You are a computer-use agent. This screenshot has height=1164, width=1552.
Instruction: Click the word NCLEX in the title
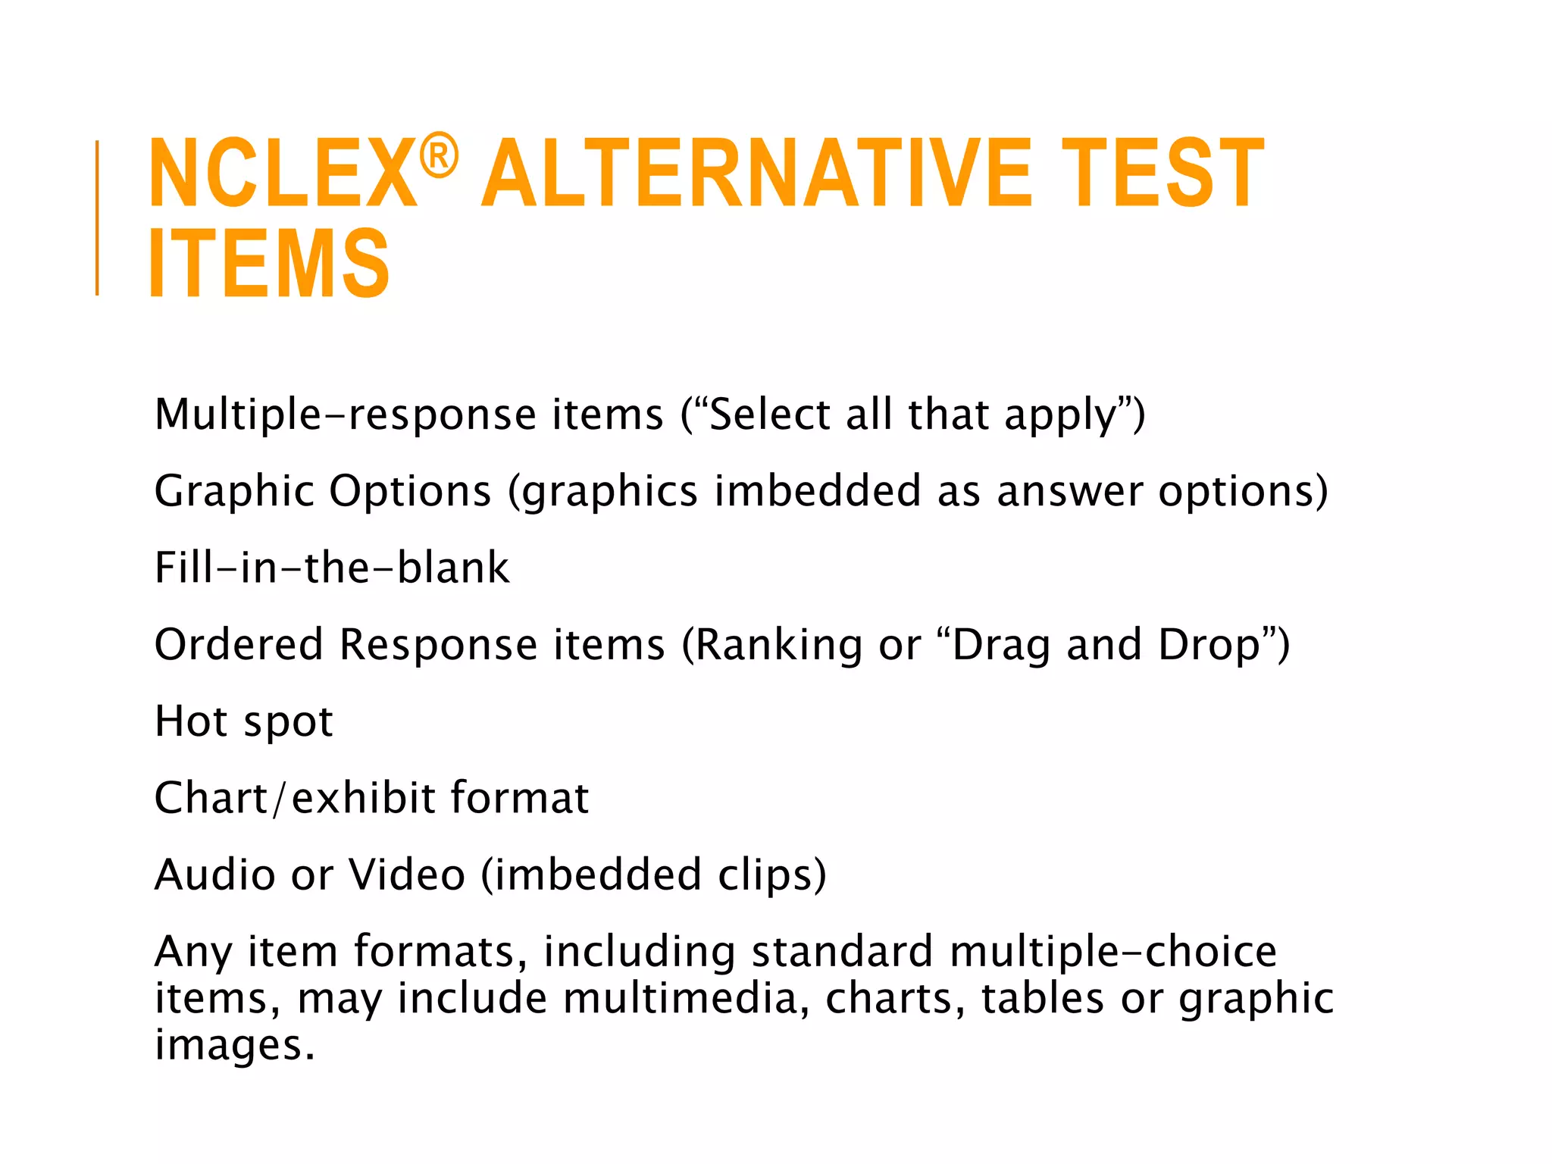point(282,174)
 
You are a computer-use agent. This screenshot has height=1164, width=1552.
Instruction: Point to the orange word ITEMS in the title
point(269,263)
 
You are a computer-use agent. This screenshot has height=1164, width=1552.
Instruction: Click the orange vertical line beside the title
point(97,217)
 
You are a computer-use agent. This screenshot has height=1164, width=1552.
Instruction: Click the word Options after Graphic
point(410,491)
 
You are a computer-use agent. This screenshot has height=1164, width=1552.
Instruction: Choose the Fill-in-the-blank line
point(332,568)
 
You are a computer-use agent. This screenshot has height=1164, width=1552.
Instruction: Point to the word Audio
point(214,875)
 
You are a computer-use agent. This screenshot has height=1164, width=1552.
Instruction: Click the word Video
point(406,875)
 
